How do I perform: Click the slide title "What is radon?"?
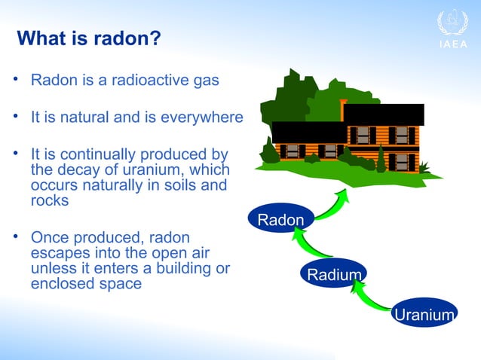click(88, 38)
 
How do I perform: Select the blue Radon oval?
click(280, 220)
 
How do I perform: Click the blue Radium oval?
click(333, 275)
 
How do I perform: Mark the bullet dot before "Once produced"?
click(15, 236)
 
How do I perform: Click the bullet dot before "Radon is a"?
click(15, 79)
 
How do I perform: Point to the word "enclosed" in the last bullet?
click(60, 285)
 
